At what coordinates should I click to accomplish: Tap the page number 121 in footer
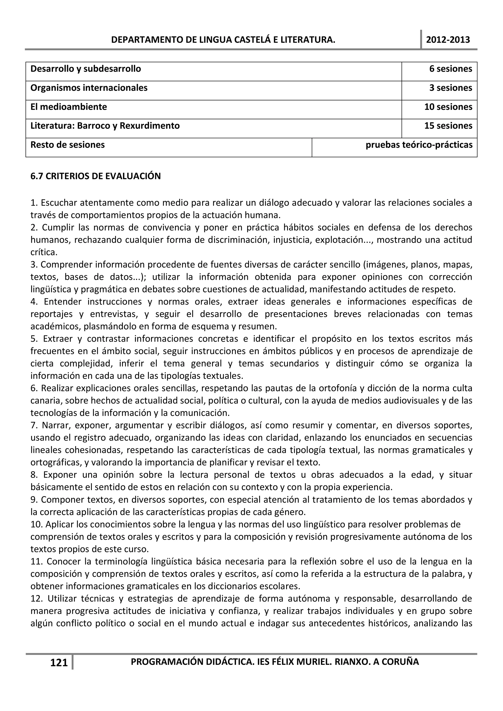pyautogui.click(x=59, y=663)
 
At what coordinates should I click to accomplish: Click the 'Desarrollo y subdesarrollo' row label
pyautogui.click(x=85, y=69)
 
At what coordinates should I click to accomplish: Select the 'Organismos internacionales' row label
pyautogui.click(x=89, y=88)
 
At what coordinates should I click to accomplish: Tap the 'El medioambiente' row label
pyautogui.click(x=69, y=107)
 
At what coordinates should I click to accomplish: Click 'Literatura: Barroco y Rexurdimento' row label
pyautogui.click(x=105, y=126)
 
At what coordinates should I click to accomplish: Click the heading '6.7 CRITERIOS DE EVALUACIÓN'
pyautogui.click(x=96, y=176)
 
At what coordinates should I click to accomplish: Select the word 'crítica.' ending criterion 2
pyautogui.click(x=44, y=252)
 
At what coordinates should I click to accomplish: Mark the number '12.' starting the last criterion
pyautogui.click(x=37, y=599)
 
